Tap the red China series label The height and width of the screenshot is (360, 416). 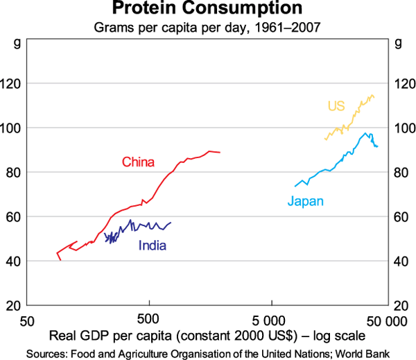[138, 162]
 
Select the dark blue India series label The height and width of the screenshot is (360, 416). [153, 245]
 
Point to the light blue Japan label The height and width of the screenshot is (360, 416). [306, 201]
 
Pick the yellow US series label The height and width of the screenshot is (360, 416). [336, 106]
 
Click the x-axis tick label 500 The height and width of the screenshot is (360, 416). [148, 320]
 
